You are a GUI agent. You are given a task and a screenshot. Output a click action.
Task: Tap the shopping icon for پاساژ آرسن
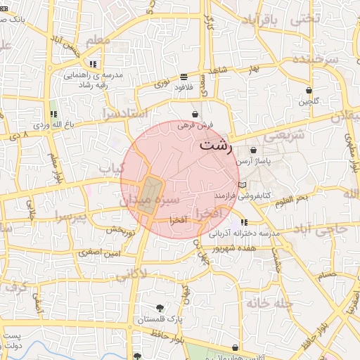(253, 150)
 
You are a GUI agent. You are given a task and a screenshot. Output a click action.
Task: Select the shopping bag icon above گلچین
(309, 90)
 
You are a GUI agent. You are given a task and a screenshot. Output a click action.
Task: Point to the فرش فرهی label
(194, 124)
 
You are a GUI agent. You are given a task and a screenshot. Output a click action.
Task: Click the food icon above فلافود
(184, 77)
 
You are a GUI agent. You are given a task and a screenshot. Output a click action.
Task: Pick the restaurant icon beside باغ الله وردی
(53, 114)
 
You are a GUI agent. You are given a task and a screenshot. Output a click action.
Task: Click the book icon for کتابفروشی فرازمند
(243, 185)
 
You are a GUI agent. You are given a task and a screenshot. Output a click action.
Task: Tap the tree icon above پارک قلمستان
(160, 308)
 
